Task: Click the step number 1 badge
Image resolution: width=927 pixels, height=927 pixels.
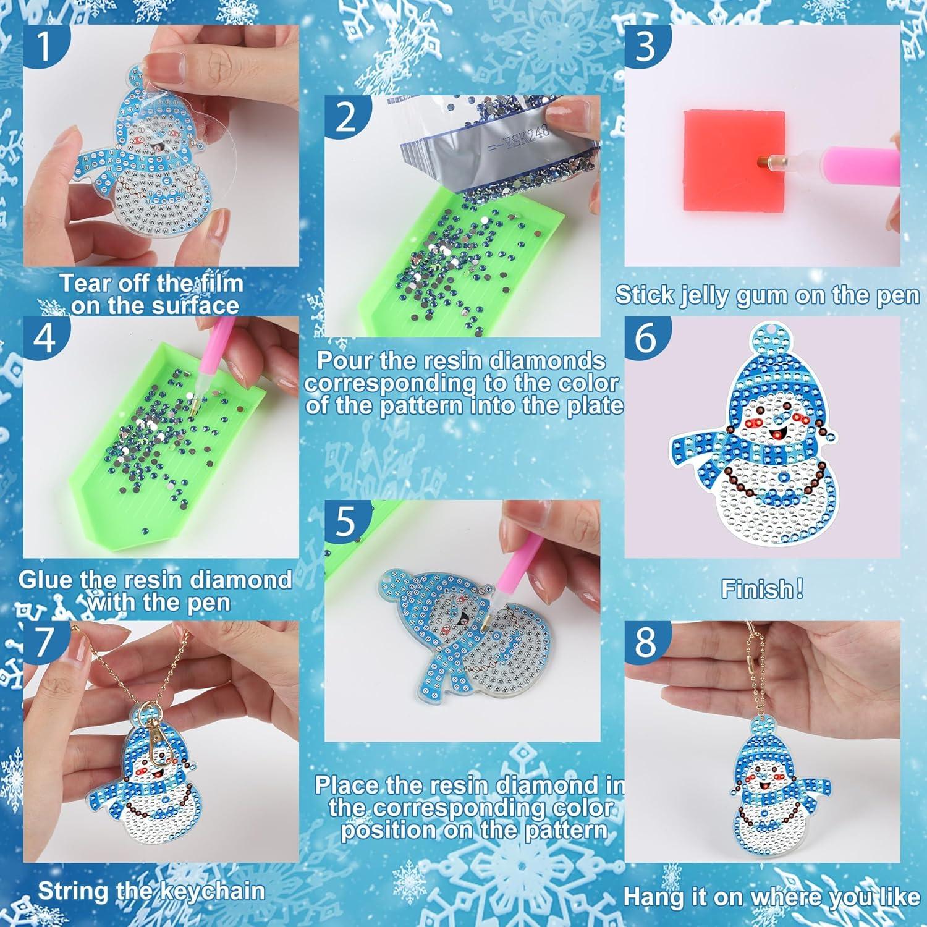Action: (x=44, y=46)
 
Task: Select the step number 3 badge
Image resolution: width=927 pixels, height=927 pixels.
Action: (x=645, y=46)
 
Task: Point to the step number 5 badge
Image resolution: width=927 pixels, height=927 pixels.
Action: (x=346, y=521)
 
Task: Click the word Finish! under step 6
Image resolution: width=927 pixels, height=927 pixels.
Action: (x=762, y=590)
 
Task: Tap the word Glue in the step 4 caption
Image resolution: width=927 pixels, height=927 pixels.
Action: (x=43, y=580)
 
